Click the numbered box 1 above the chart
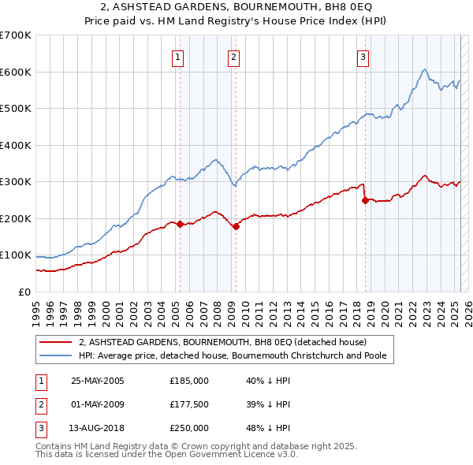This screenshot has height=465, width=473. pos(178,56)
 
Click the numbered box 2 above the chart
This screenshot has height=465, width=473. pos(234,56)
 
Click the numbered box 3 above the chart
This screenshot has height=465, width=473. pos(363,56)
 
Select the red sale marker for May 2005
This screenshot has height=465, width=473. pos(180,224)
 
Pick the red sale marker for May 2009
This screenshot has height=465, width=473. pos(236,227)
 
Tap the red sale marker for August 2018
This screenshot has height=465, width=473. pos(365,200)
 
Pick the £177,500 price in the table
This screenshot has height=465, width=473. pos(189,404)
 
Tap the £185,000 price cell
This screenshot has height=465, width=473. pos(189,380)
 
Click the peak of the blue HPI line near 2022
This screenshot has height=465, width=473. pos(424,69)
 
